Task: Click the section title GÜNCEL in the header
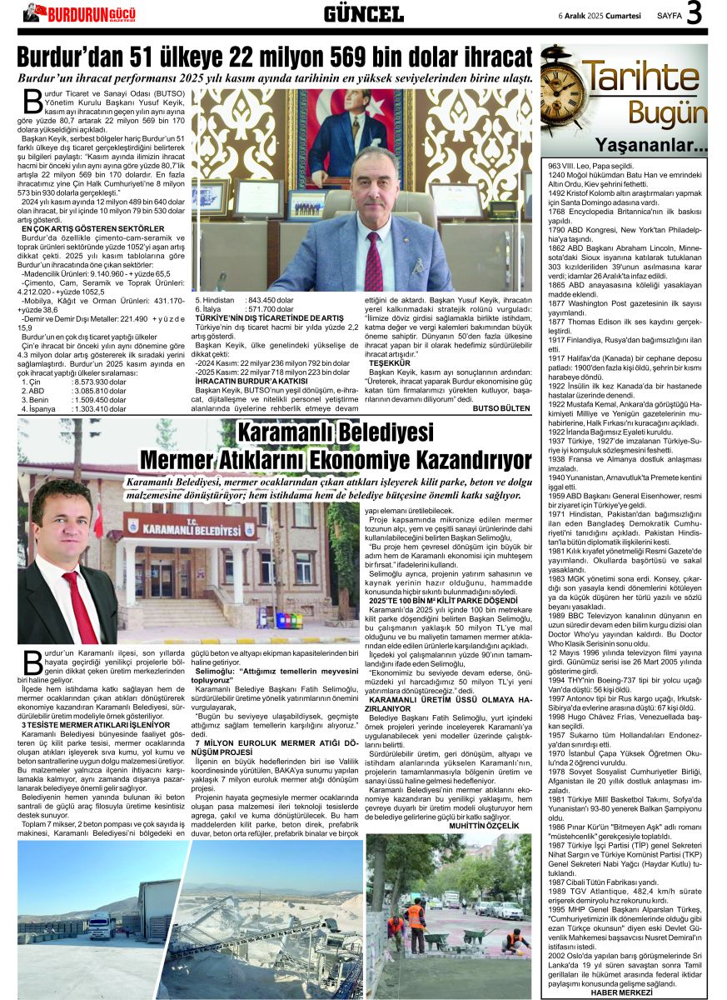[363, 13]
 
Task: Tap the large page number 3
[695, 13]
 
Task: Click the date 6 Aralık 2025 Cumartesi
[599, 15]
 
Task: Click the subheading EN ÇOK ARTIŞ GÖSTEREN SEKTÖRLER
[92, 228]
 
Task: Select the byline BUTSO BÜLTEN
[500, 408]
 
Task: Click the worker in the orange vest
[415, 921]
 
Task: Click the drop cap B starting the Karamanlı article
[33, 660]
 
